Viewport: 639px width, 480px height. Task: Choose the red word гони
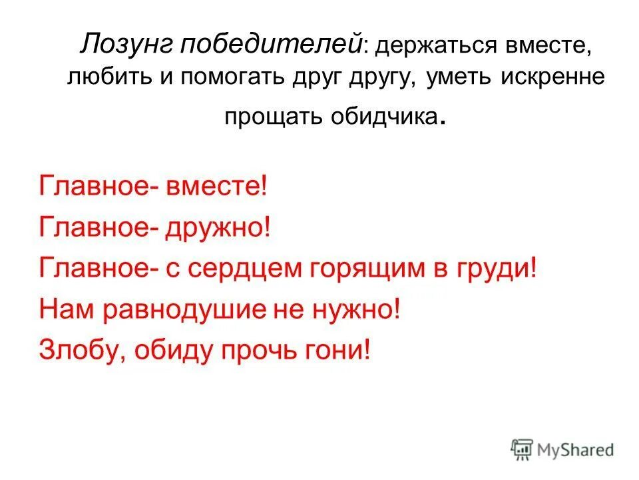coord(342,349)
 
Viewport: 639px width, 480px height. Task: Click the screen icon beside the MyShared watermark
coord(523,449)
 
